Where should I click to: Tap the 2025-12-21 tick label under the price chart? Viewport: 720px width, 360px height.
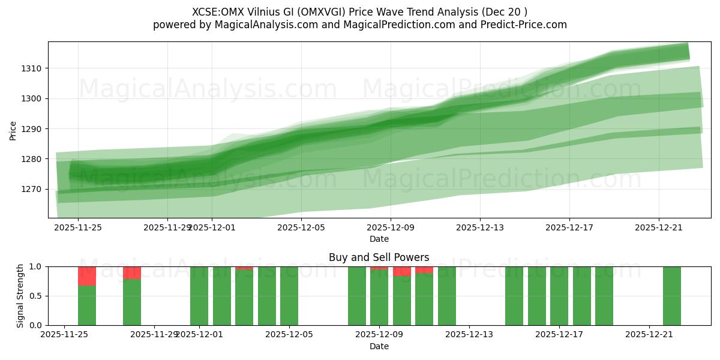(x=659, y=227)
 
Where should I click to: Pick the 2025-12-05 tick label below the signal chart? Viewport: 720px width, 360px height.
(x=289, y=335)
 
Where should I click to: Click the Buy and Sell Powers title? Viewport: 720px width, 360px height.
(x=379, y=257)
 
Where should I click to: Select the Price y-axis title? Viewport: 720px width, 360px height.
(x=13, y=130)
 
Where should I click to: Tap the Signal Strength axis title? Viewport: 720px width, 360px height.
(x=20, y=296)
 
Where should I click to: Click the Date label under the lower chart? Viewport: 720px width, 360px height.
(x=379, y=346)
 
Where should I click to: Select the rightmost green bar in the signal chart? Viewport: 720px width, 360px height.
(x=672, y=296)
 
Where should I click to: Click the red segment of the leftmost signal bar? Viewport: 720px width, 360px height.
(x=87, y=276)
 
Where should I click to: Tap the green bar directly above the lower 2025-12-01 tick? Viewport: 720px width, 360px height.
(x=199, y=296)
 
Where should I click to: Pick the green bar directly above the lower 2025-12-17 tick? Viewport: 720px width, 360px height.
(x=559, y=296)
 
